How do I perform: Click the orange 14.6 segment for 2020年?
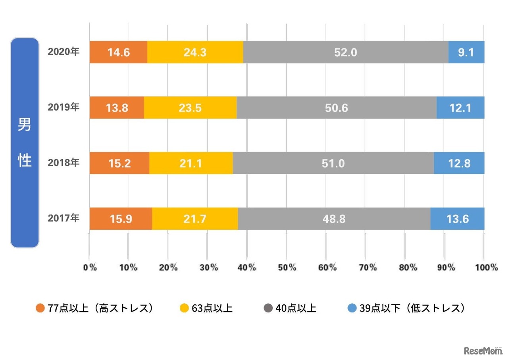pyautogui.click(x=118, y=52)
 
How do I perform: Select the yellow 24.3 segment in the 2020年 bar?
pyautogui.click(x=195, y=52)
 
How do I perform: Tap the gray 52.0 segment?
pyautogui.click(x=345, y=52)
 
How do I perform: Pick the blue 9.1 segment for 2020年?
pyautogui.click(x=466, y=52)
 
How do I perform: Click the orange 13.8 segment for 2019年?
pyautogui.click(x=117, y=108)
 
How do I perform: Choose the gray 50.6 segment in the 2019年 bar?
pyautogui.click(x=336, y=108)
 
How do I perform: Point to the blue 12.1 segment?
pyautogui.click(x=460, y=108)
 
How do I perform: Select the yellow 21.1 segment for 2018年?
pyautogui.click(x=191, y=163)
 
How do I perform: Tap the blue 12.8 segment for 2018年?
pyautogui.click(x=459, y=163)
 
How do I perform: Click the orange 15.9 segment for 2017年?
pyautogui.click(x=121, y=219)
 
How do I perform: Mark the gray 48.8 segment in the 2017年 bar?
pyautogui.click(x=334, y=219)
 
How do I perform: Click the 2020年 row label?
pyautogui.click(x=63, y=52)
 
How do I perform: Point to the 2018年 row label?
pyautogui.click(x=63, y=163)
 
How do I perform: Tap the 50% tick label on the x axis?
pyautogui.click(x=287, y=268)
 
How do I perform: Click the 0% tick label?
pyautogui.click(x=90, y=268)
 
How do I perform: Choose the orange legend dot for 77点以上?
pyautogui.click(x=40, y=308)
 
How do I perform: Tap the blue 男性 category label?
pyautogui.click(x=25, y=143)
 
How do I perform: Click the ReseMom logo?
pyautogui.click(x=480, y=350)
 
